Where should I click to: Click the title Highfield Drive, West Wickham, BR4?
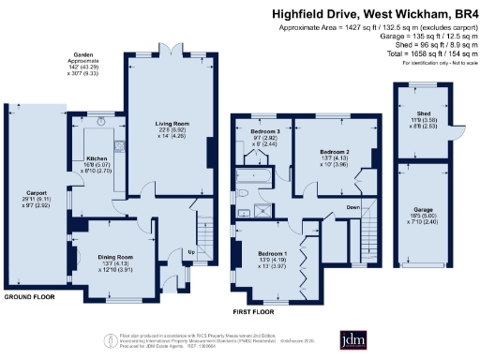(372, 14)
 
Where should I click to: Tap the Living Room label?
(174, 123)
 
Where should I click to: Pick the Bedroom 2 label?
(335, 152)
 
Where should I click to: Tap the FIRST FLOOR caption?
(253, 310)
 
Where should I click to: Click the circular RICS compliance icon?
(112, 338)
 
